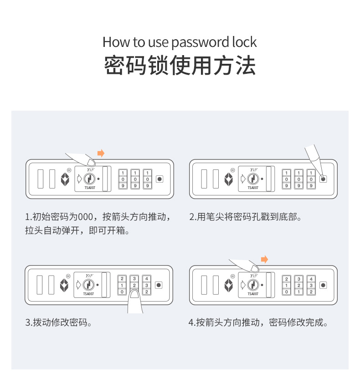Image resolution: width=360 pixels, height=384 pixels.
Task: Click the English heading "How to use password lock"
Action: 180,42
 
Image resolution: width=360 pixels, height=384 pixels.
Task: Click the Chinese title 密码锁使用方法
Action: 180,66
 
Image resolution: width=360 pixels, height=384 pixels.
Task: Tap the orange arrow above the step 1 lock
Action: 101,154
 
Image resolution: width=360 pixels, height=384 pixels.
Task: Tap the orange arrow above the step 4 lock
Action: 264,259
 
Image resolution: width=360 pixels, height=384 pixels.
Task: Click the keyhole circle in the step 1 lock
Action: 89,179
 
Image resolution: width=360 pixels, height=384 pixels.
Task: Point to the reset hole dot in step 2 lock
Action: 323,179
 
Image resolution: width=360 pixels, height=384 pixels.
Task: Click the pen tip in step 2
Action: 323,178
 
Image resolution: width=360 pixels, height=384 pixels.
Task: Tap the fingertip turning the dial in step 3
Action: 134,294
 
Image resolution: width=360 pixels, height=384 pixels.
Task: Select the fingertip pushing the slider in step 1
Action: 91,162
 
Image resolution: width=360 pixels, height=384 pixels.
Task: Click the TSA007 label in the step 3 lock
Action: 88,294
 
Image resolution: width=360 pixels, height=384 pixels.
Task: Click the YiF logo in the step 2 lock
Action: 254,170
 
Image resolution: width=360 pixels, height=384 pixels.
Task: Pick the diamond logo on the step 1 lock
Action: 65,179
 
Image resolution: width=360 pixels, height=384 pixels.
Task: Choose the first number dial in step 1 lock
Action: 123,179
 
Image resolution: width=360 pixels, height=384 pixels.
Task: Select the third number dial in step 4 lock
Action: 311,285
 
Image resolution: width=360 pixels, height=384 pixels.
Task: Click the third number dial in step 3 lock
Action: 147,285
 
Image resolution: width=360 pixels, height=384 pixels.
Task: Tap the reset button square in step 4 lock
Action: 323,285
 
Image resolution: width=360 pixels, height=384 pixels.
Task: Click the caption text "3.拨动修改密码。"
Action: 59,323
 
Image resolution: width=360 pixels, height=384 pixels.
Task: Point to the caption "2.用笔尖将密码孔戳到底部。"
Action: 245,217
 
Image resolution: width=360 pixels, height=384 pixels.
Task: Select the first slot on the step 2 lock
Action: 204,179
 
